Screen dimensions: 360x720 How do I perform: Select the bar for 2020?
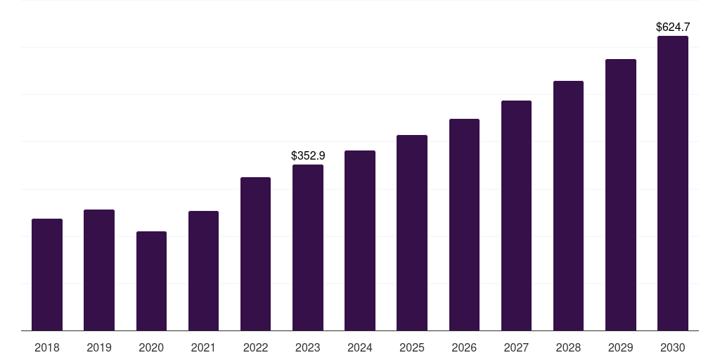tap(151, 281)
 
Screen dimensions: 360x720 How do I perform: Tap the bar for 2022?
tap(255, 254)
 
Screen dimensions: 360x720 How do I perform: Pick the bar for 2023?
tap(308, 247)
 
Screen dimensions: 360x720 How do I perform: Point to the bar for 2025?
tap(412, 233)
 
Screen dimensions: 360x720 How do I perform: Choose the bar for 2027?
tap(516, 215)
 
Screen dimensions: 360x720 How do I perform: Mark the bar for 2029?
tap(621, 195)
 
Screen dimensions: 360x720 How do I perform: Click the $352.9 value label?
tap(308, 155)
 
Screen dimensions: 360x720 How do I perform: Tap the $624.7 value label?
tap(673, 27)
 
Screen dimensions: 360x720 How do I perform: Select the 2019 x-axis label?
tap(99, 347)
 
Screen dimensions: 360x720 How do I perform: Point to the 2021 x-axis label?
tap(203, 347)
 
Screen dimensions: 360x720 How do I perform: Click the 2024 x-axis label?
tap(360, 347)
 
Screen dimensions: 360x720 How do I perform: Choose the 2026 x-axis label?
tap(464, 347)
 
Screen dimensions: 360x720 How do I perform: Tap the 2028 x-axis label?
tap(568, 347)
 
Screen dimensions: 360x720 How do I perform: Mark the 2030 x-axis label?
tap(673, 347)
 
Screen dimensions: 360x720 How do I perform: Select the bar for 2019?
tap(99, 270)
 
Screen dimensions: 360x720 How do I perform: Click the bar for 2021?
tap(203, 271)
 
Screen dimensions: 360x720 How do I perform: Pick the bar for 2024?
tap(360, 240)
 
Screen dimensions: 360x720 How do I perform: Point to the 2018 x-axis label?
tap(47, 347)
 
